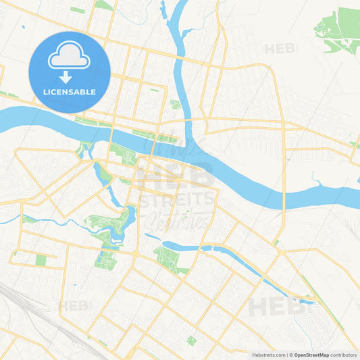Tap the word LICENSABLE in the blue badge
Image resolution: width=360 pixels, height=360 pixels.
click(x=70, y=91)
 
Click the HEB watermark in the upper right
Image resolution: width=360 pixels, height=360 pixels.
click(x=281, y=49)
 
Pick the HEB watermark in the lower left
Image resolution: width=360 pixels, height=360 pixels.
click(x=74, y=306)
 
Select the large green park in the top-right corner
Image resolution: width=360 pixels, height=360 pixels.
click(x=341, y=32)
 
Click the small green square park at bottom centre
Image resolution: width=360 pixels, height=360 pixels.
click(x=191, y=340)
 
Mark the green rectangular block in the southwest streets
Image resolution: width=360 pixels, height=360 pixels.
click(x=41, y=260)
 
